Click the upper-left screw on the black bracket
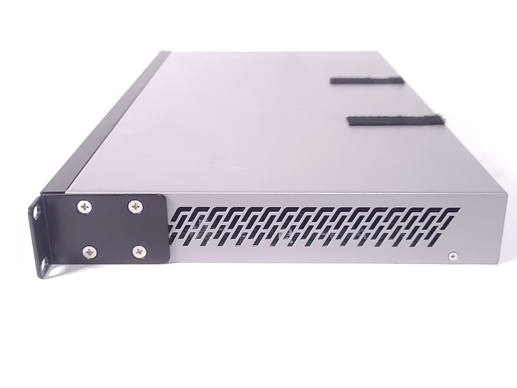click(x=83, y=207)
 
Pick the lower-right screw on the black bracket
click(x=138, y=252)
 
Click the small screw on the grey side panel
click(x=452, y=256)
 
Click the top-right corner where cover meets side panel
click(x=508, y=194)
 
